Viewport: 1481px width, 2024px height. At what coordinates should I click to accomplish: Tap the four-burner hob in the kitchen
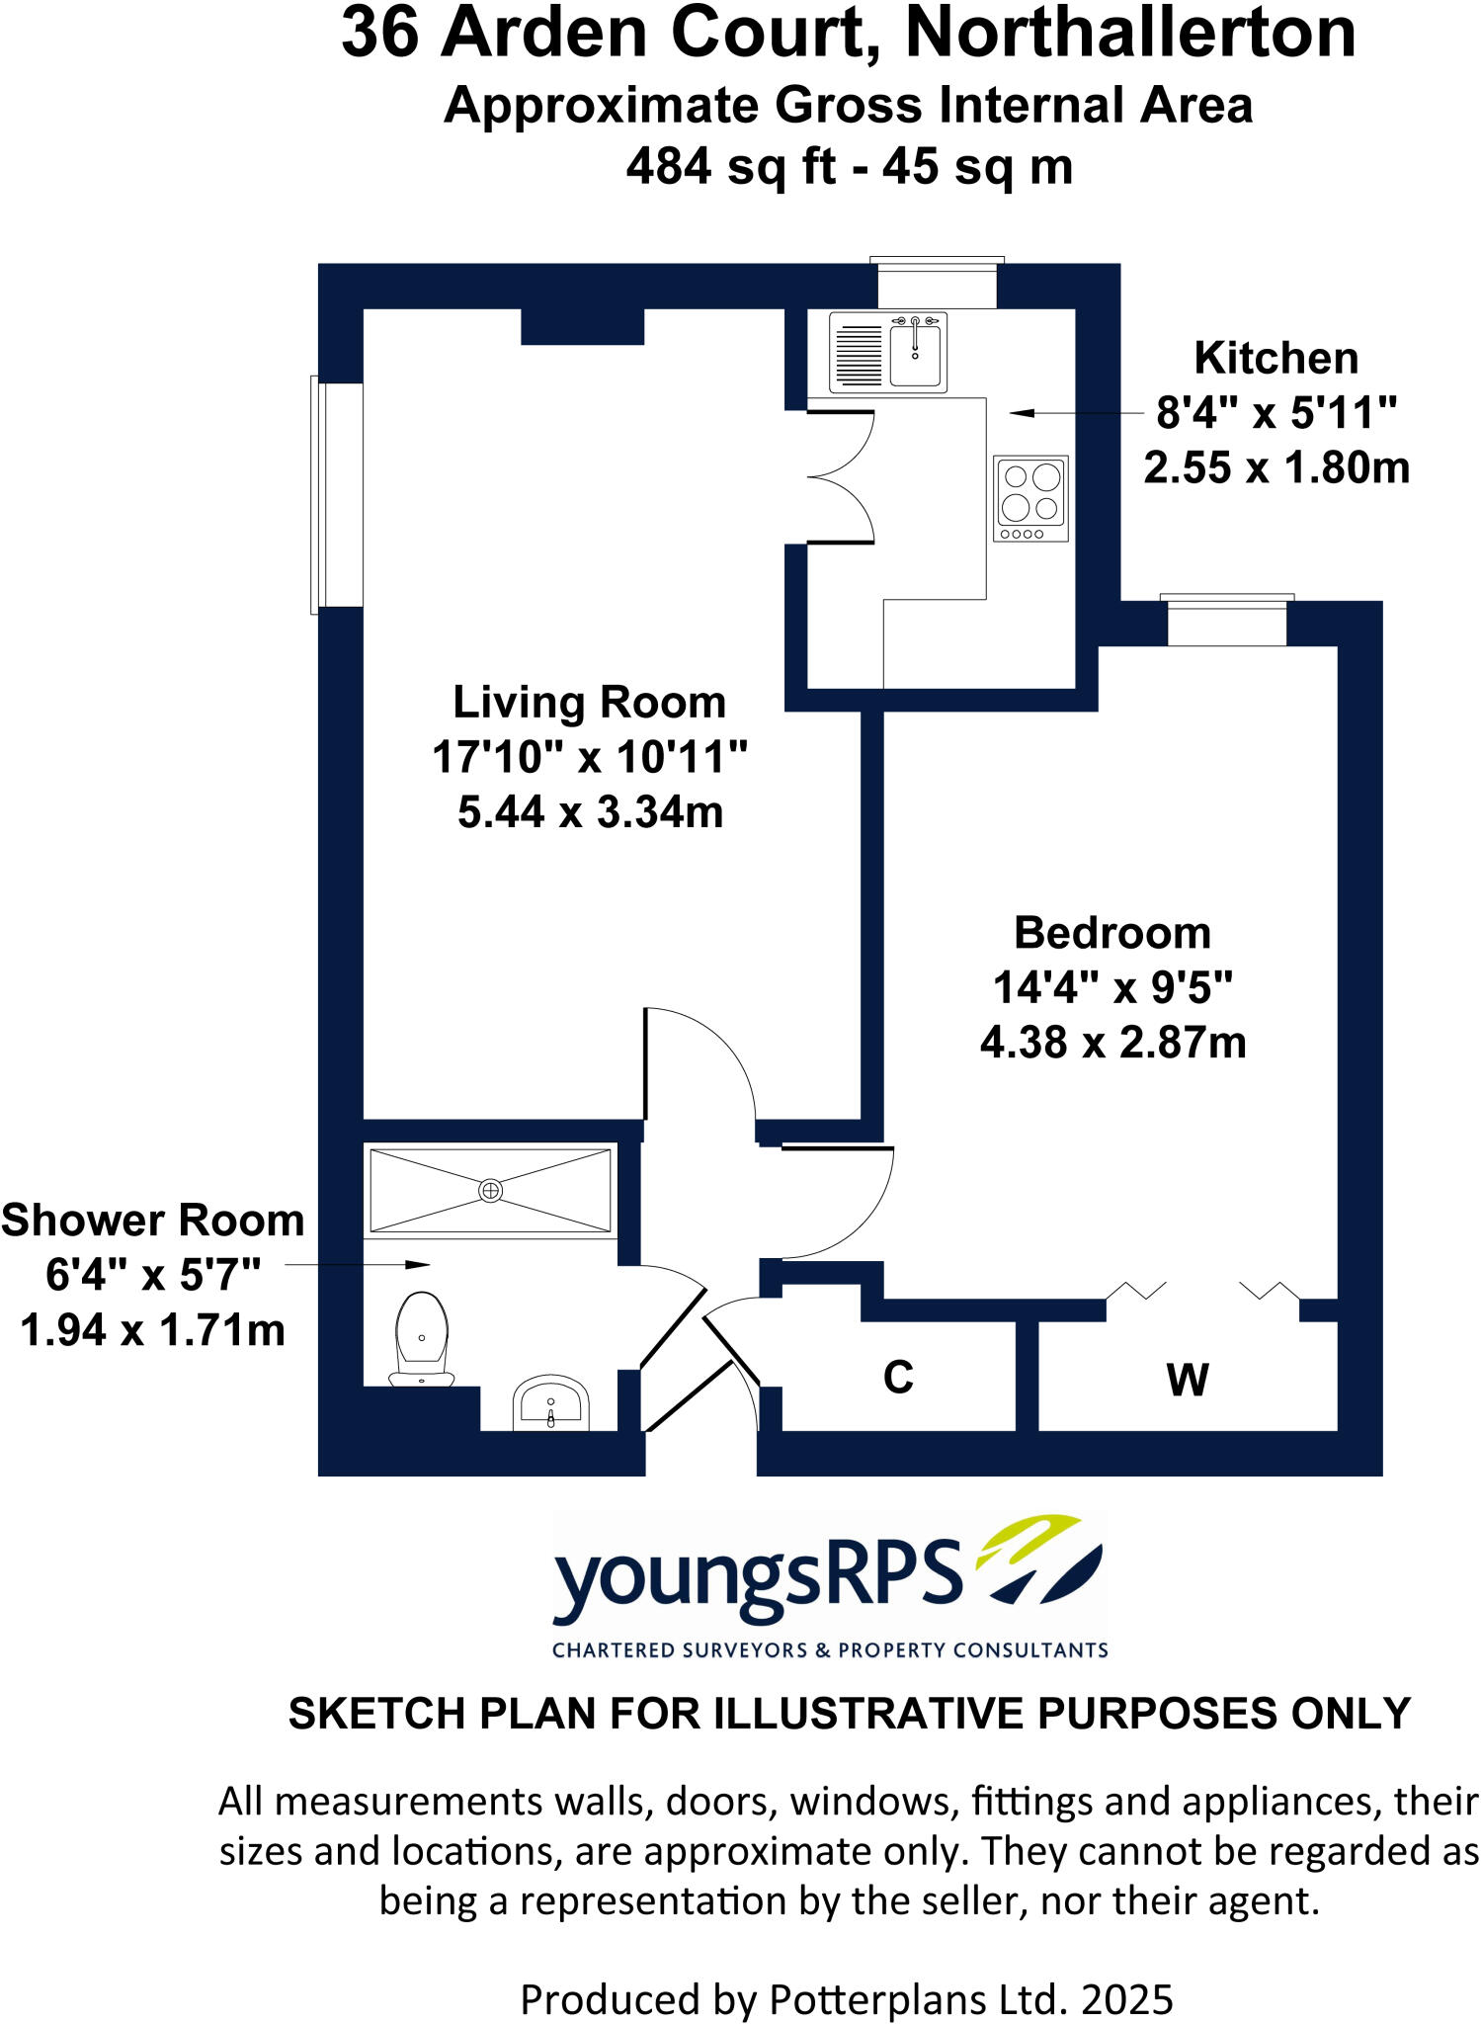point(1030,498)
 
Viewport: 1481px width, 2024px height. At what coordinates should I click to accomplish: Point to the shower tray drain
point(490,1190)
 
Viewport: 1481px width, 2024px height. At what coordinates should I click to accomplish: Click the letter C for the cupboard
point(898,1377)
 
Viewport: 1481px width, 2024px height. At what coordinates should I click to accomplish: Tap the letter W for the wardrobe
point(1187,1380)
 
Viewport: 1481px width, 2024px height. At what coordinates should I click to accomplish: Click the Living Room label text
point(589,703)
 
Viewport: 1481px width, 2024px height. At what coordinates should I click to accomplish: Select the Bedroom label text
point(1112,933)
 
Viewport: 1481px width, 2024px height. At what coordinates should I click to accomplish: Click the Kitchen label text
point(1275,358)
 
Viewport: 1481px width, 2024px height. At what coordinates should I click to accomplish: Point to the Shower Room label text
point(152,1221)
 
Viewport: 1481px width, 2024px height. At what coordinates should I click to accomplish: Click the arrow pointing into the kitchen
point(1022,413)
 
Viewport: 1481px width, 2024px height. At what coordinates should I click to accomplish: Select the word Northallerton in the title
point(1129,34)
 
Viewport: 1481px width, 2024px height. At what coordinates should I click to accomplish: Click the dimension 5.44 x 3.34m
point(590,812)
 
